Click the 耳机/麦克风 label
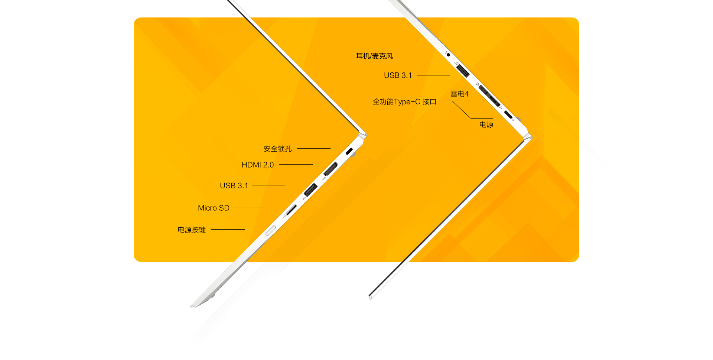pyautogui.click(x=374, y=56)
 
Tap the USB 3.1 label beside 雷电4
pyautogui.click(x=398, y=75)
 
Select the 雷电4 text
pyautogui.click(x=459, y=94)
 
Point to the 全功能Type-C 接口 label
pyautogui.click(x=404, y=102)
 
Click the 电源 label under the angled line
pyautogui.click(x=486, y=125)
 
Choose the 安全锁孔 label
pyautogui.click(x=277, y=149)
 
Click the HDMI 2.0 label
pyautogui.click(x=257, y=165)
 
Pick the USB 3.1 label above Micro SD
pyautogui.click(x=234, y=186)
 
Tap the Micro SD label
pyautogui.click(x=214, y=208)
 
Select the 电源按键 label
pyautogui.click(x=191, y=230)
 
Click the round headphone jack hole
pyautogui.click(x=448, y=55)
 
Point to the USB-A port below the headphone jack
pyautogui.click(x=462, y=70)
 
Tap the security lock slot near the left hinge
pyautogui.click(x=349, y=151)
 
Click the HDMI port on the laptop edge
pyautogui.click(x=330, y=169)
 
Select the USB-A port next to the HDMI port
pyautogui.click(x=310, y=189)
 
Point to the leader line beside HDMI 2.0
pyautogui.click(x=296, y=164)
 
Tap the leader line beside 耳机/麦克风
pyautogui.click(x=415, y=56)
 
